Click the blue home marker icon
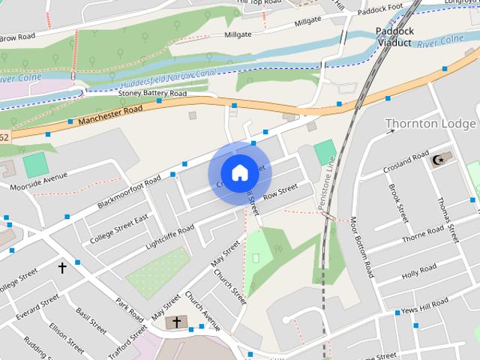pyautogui.click(x=238, y=173)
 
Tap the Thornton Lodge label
pyautogui.click(x=430, y=123)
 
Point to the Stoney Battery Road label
pyautogui.click(x=152, y=94)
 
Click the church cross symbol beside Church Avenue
pyautogui.click(x=177, y=323)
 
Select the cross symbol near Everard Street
pyautogui.click(x=62, y=267)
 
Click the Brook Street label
pyautogui.click(x=399, y=205)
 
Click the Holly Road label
pyautogui.click(x=418, y=271)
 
